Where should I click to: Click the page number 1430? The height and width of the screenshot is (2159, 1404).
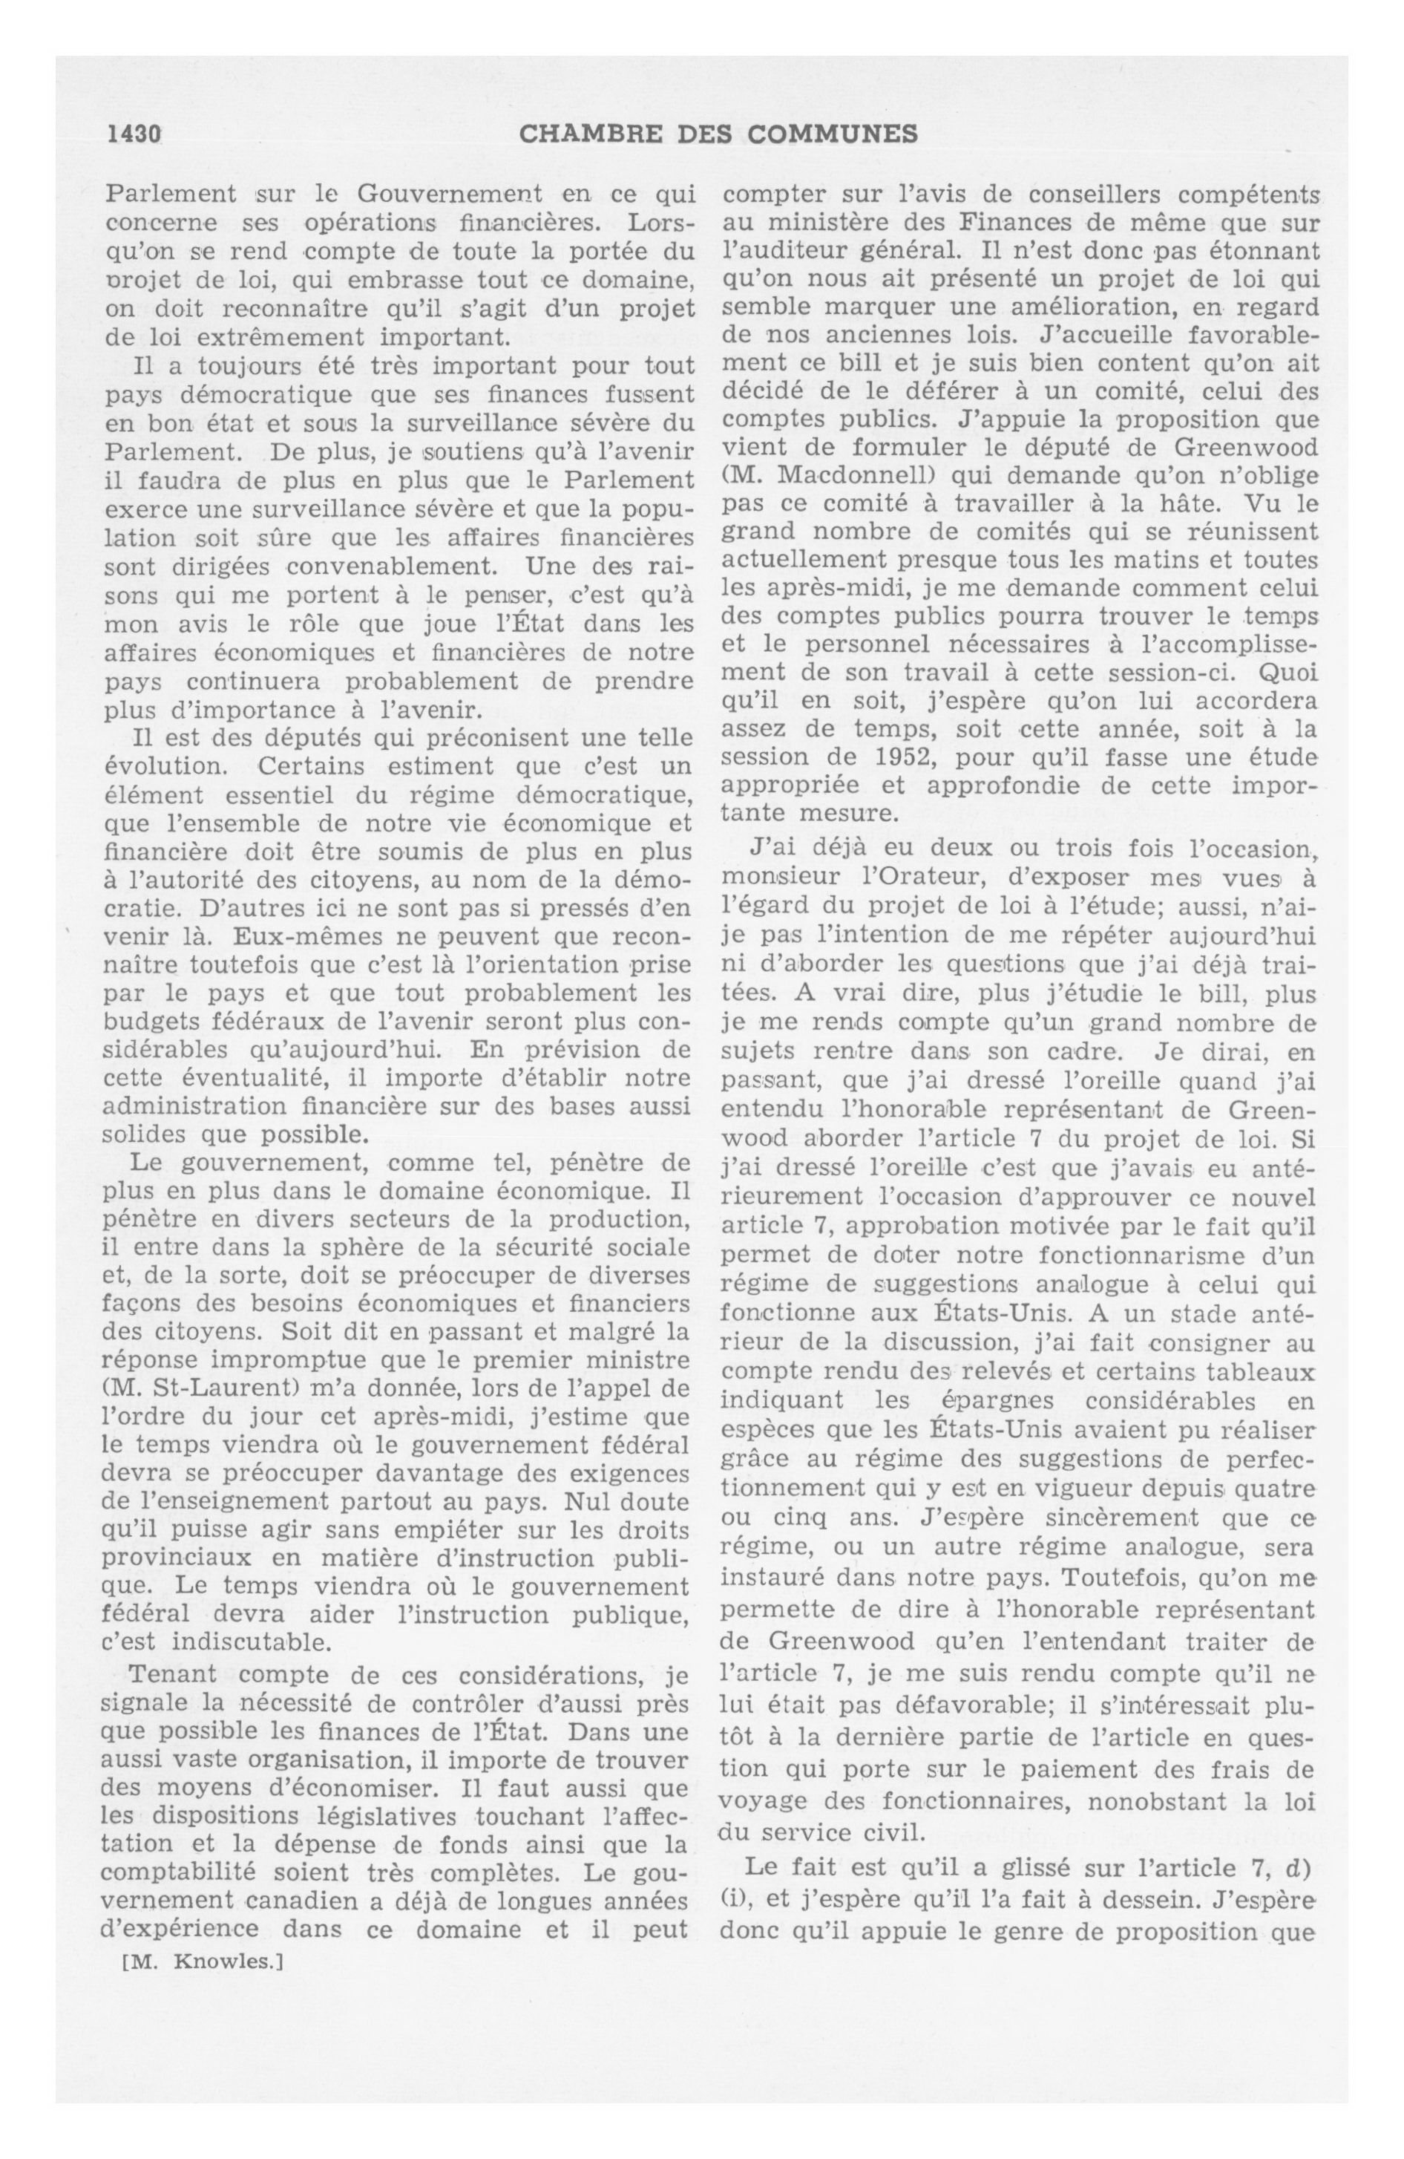(134, 134)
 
